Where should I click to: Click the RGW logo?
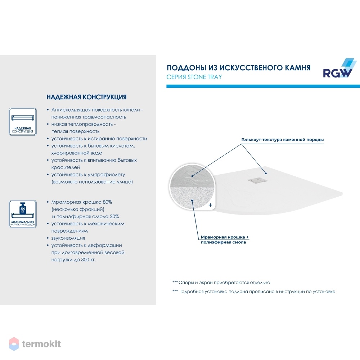pyautogui.click(x=339, y=68)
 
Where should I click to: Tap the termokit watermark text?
pyautogui.click(x=41, y=344)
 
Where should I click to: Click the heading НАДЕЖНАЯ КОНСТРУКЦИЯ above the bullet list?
pyautogui.click(x=86, y=97)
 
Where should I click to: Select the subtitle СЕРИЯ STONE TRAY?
pyautogui.click(x=194, y=77)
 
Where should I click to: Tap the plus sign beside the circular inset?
pyautogui.click(x=210, y=205)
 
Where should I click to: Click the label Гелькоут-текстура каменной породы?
pyautogui.click(x=282, y=140)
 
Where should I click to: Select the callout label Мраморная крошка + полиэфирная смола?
pyautogui.click(x=225, y=239)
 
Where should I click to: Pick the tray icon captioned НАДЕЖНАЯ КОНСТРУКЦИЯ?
pyautogui.click(x=23, y=122)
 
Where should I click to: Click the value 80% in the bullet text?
pyautogui.click(x=107, y=202)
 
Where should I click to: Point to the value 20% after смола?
pyautogui.click(x=114, y=216)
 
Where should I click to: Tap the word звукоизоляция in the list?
pyautogui.click(x=68, y=238)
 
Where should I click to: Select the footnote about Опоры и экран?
pyautogui.click(x=221, y=283)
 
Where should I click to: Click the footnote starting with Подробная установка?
pyautogui.click(x=254, y=292)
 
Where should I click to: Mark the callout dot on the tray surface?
pyautogui.click(x=266, y=174)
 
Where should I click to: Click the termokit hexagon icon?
pyautogui.click(x=14, y=344)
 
